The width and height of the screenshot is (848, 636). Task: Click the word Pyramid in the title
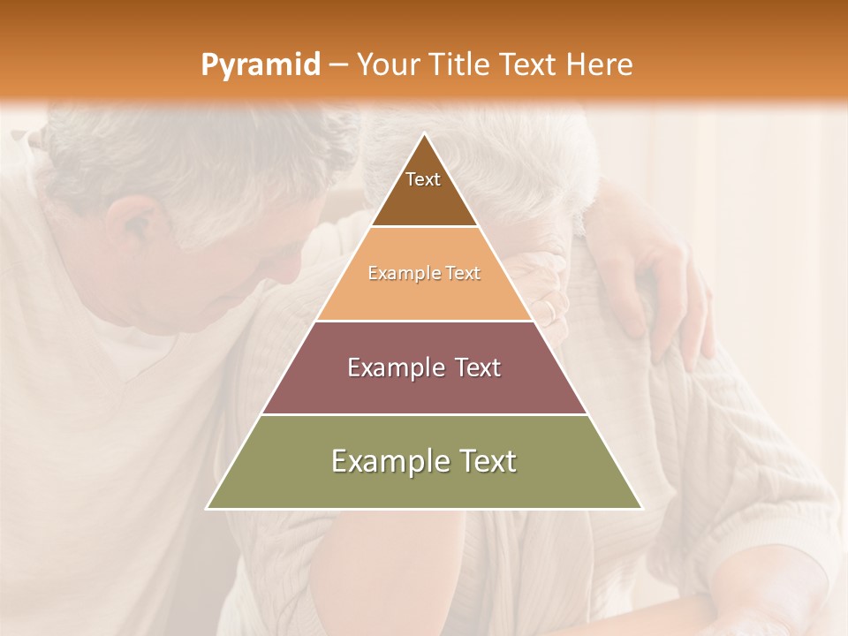(x=260, y=65)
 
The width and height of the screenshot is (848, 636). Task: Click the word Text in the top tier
(x=423, y=179)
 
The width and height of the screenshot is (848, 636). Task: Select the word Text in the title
(x=529, y=65)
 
